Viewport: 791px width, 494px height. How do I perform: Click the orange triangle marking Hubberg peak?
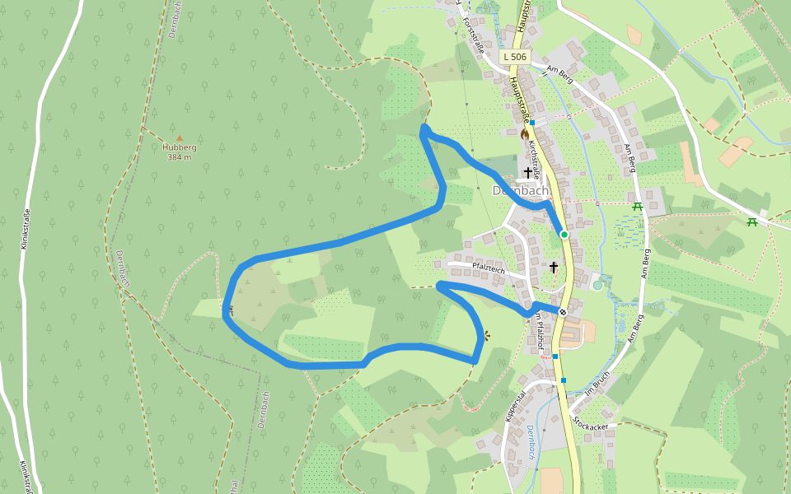point(179,139)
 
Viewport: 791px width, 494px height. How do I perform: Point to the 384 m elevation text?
point(180,157)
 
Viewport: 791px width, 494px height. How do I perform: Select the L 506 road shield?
point(514,57)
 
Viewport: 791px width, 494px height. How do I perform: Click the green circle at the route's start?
point(564,235)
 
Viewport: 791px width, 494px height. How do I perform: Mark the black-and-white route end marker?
point(563,311)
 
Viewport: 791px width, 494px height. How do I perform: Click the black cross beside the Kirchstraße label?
point(528,171)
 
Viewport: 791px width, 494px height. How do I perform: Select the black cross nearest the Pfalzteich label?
point(554,267)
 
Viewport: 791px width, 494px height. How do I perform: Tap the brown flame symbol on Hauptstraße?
point(525,133)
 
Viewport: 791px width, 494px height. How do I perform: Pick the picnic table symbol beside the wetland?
point(637,206)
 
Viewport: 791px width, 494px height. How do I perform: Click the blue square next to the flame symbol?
point(533,123)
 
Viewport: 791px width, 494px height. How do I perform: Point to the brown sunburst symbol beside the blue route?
point(486,335)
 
